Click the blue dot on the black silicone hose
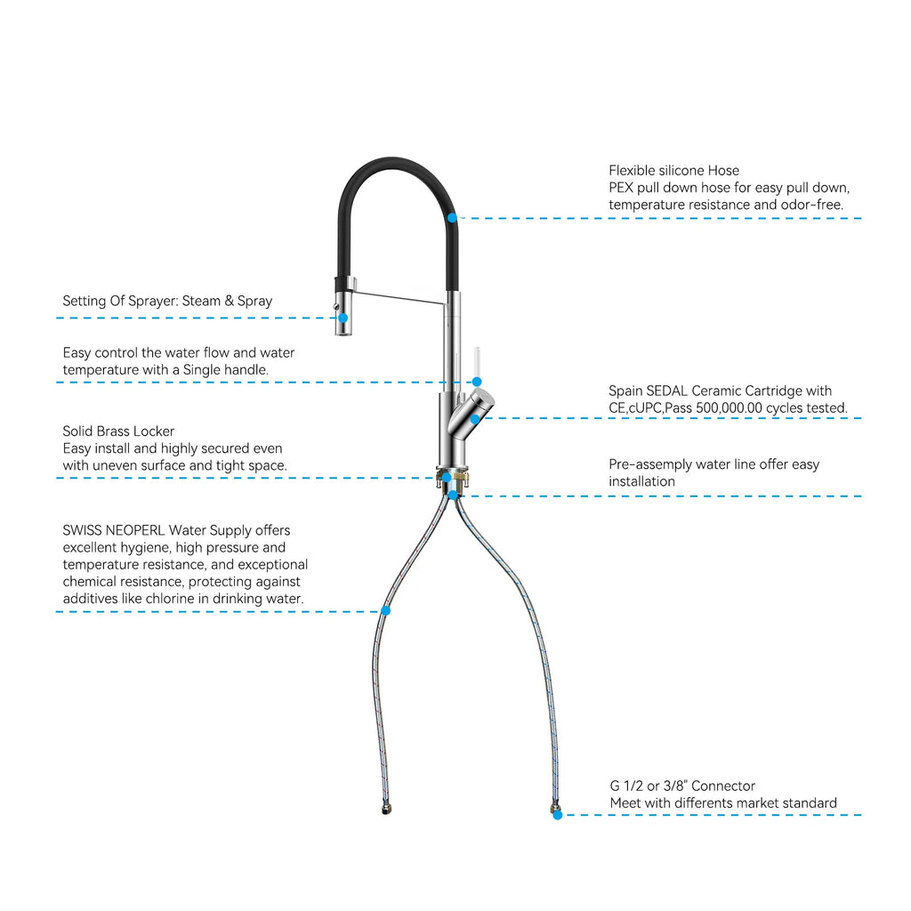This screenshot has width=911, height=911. (x=453, y=218)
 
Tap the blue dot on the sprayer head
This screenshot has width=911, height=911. (x=343, y=318)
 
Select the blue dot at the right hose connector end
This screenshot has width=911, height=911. (x=557, y=815)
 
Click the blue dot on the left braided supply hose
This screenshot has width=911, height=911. (x=386, y=610)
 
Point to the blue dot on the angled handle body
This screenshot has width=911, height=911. (x=475, y=418)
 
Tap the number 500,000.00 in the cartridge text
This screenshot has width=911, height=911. (x=729, y=407)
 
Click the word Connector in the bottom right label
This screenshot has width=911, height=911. (x=723, y=786)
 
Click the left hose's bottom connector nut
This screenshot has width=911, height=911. (x=386, y=808)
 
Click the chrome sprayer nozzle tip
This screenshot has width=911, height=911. (x=343, y=332)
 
